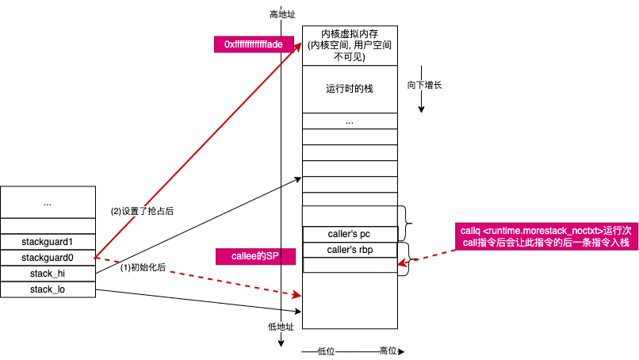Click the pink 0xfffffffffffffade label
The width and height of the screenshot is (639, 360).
(x=254, y=44)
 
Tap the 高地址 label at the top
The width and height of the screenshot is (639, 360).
(x=282, y=15)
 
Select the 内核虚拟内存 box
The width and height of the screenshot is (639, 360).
(x=350, y=45)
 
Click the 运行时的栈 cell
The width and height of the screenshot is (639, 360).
(x=350, y=88)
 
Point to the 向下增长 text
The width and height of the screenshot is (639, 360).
(x=425, y=85)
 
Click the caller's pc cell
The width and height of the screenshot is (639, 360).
(x=350, y=234)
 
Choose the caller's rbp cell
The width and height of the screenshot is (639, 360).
(x=350, y=250)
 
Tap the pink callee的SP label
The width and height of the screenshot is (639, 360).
(x=248, y=257)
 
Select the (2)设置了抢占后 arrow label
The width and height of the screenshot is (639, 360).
(x=142, y=212)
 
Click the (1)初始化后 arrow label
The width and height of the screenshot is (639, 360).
(x=143, y=267)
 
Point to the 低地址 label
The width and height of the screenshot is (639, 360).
(x=281, y=327)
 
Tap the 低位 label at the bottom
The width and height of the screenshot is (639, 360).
(x=327, y=350)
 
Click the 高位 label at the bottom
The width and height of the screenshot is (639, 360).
(x=388, y=350)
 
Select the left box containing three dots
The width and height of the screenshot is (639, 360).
(x=48, y=202)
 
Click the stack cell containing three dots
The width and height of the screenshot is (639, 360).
(x=350, y=121)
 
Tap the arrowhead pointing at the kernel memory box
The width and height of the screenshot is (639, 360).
(x=299, y=40)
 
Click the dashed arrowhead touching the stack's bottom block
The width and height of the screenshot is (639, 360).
(x=298, y=295)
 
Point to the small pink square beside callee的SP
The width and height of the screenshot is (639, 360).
(x=288, y=257)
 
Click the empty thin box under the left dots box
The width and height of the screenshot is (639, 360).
(x=48, y=226)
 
